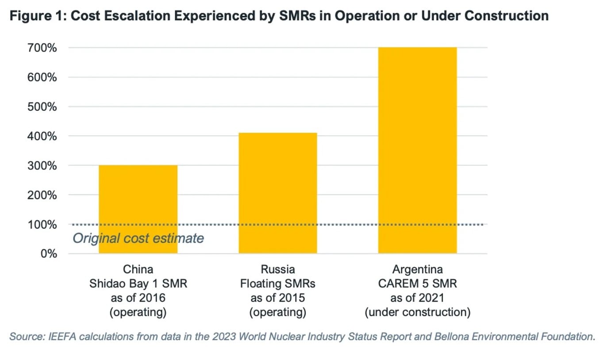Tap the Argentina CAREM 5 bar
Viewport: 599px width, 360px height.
(x=417, y=150)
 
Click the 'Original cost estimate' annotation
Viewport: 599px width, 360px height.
(x=138, y=238)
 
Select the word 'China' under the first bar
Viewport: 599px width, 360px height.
(x=138, y=269)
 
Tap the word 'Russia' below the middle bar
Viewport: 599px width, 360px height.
(x=278, y=269)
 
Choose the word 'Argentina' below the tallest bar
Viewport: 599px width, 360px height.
(x=417, y=269)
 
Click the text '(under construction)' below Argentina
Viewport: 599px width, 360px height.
(x=417, y=312)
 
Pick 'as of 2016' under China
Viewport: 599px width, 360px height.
(x=138, y=298)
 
